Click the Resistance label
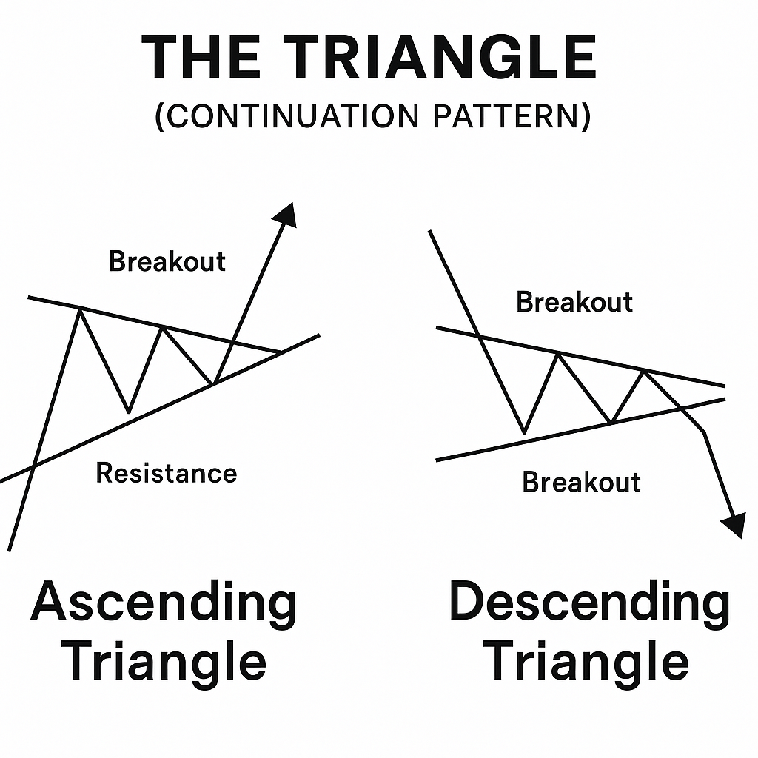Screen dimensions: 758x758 [x=167, y=473]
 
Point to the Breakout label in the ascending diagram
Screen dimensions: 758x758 [x=167, y=261]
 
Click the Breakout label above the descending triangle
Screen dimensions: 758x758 [x=574, y=302]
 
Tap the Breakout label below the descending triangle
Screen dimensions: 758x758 [x=581, y=482]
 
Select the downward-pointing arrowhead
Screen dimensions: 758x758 [x=734, y=525]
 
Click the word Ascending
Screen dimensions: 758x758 [x=164, y=603]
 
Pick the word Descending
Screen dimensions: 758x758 [x=589, y=603]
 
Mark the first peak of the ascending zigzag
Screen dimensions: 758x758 [x=79, y=309]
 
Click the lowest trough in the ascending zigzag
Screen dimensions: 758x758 [x=128, y=412]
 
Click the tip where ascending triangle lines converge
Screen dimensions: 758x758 [x=280, y=352]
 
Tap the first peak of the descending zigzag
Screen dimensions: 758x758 [x=558, y=355]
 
